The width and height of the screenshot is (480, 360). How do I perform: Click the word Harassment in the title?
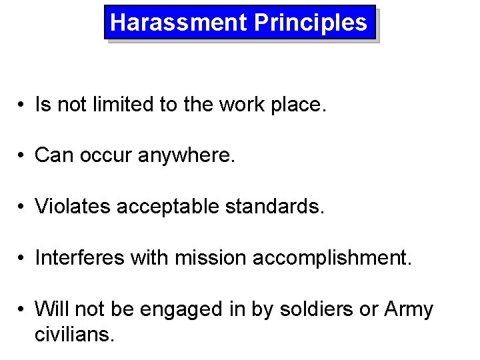(x=179, y=23)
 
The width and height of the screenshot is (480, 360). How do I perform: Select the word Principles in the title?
(x=310, y=23)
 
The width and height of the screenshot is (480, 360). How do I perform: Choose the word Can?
(x=51, y=156)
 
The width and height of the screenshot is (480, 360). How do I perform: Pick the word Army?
(x=409, y=310)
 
